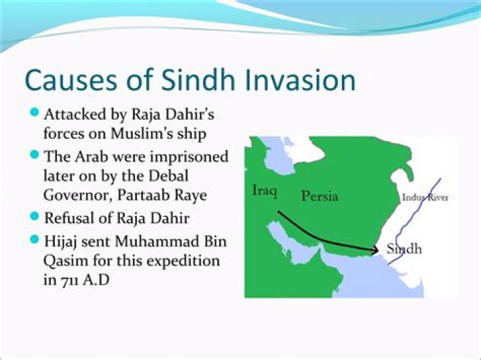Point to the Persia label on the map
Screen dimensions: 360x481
click(x=319, y=196)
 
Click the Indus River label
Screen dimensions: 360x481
click(x=425, y=198)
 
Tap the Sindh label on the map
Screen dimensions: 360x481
click(x=404, y=248)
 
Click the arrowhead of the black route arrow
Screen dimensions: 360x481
click(x=374, y=250)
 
